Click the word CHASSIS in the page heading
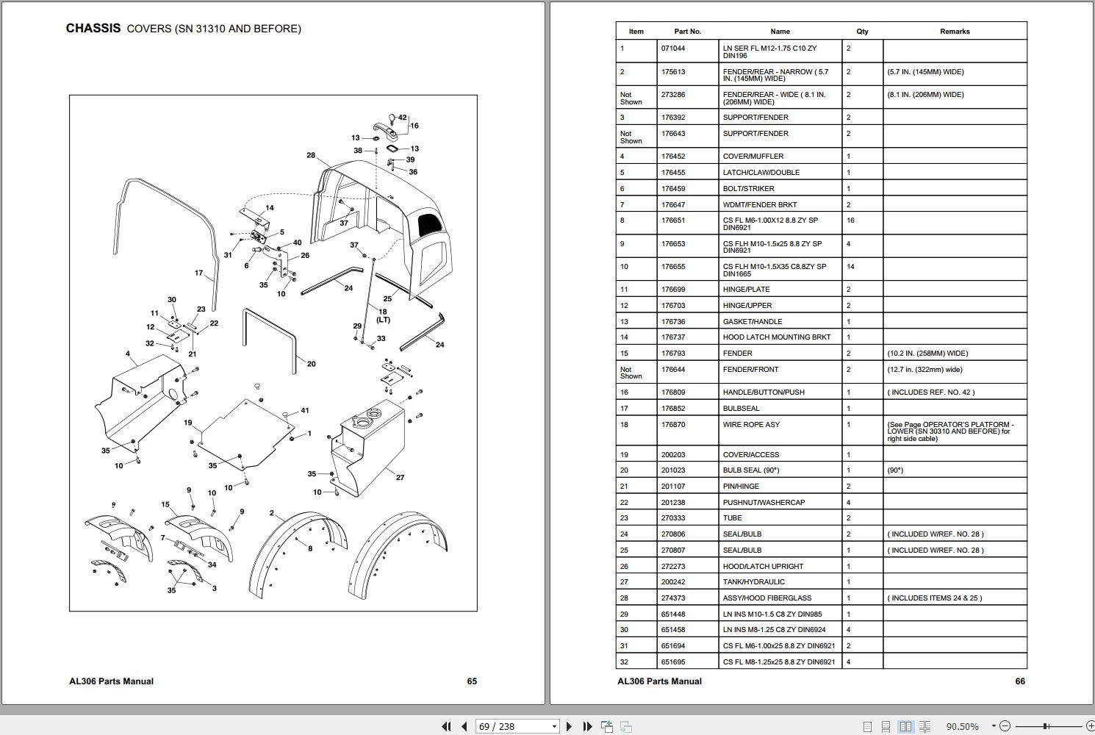pos(93,29)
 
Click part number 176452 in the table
pos(672,157)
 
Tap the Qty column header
pos(862,32)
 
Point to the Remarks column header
pos(954,32)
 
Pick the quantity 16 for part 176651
pos(850,220)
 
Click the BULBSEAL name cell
pos(741,409)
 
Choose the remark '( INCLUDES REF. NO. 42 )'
pos(930,392)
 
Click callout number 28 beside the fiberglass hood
pos(311,155)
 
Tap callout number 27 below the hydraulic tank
pos(400,478)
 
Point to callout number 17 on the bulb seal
pos(198,273)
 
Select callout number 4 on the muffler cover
pos(128,354)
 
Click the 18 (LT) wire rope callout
pos(383,315)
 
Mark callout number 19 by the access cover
pos(188,423)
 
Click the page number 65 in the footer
pos(472,681)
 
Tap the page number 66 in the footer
pos(1019,681)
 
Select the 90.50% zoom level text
pos(962,726)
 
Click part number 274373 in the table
pos(672,598)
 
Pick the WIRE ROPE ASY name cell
pos(751,425)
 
